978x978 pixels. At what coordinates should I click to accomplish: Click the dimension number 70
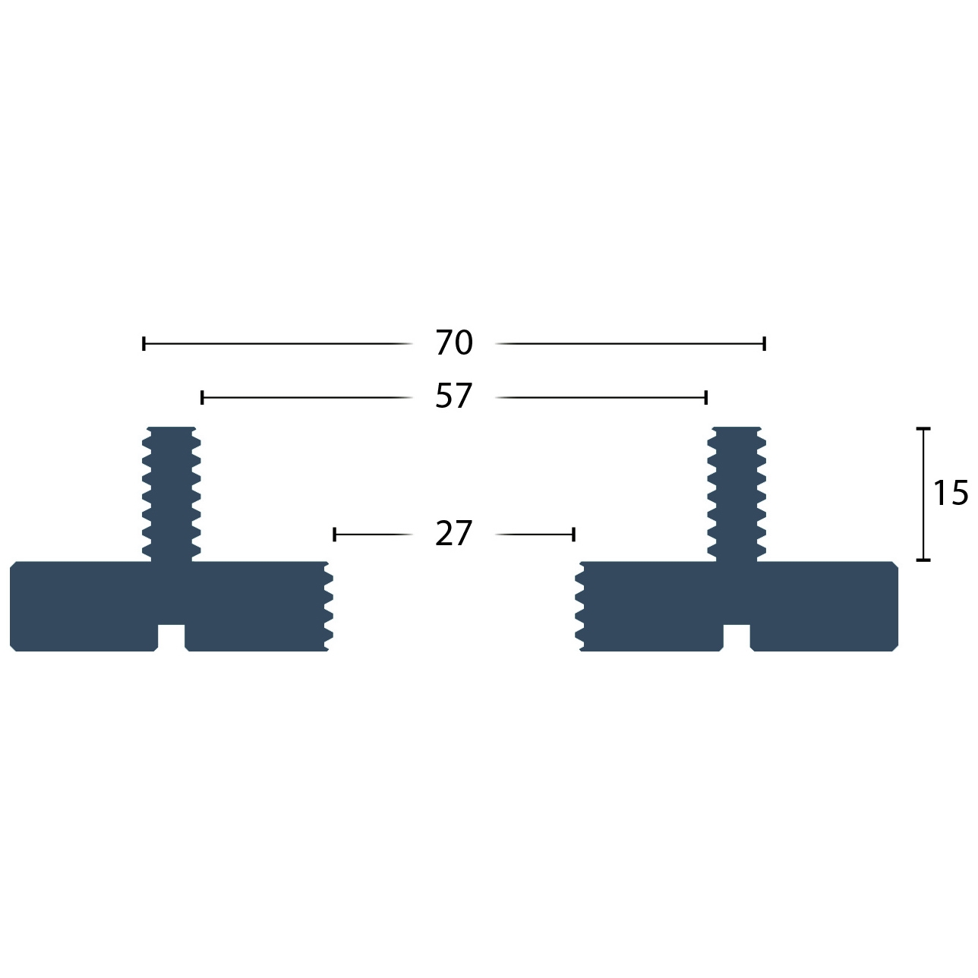point(454,342)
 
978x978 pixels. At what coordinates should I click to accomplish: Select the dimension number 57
point(454,396)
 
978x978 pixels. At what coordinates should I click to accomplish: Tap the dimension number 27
point(454,533)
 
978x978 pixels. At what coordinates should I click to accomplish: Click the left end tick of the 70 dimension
point(144,344)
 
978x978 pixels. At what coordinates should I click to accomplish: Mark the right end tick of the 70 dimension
point(765,344)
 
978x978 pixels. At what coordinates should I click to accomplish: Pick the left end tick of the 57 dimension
point(203,397)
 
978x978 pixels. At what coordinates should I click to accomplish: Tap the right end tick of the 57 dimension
point(706,397)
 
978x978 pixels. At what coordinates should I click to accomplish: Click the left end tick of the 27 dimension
point(334,535)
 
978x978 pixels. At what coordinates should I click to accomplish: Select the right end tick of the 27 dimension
point(573,535)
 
